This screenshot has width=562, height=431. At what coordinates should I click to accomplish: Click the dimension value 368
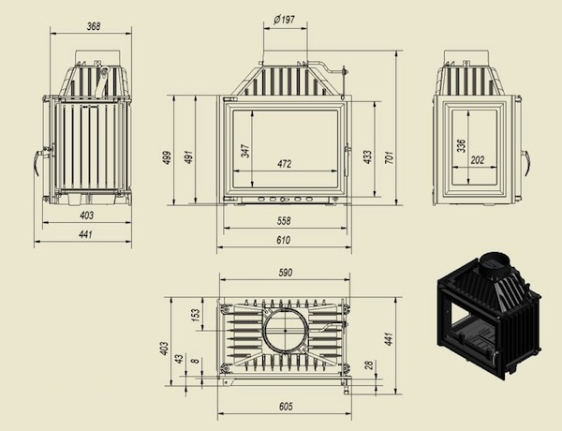pos(94,26)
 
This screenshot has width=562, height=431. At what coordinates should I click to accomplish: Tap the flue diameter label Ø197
pos(284,20)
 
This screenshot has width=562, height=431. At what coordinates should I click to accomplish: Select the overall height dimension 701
pos(390,157)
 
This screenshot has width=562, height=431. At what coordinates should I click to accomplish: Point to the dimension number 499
pos(167,157)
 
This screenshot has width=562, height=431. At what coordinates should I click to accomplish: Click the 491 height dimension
pos(188,156)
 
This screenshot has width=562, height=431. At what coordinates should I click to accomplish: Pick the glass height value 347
pos(245,151)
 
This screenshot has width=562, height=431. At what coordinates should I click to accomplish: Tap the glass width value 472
pos(284,164)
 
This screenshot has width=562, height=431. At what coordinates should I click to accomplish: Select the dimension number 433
pos(368,156)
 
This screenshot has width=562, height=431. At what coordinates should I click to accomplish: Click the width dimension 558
pos(284,220)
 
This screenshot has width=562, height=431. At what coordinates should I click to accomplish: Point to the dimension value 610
pos(283,240)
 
